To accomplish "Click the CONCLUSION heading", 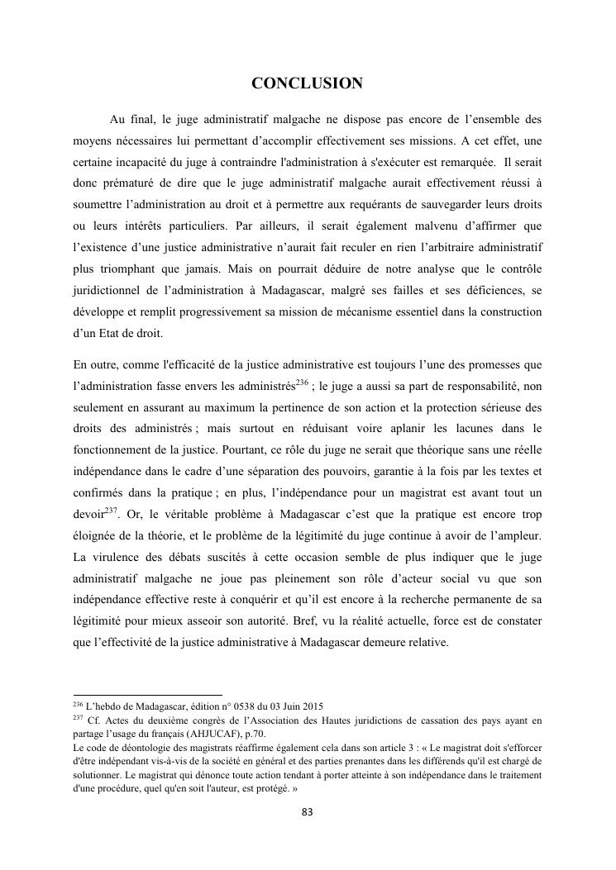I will (x=307, y=83).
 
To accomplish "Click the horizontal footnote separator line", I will (x=148, y=695).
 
